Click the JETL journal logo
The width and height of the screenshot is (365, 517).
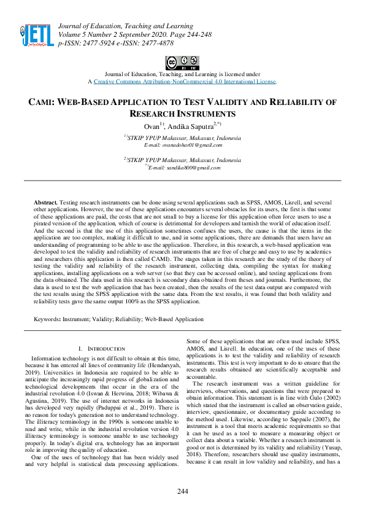[36, 34]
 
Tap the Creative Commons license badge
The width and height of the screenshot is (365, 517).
[182, 63]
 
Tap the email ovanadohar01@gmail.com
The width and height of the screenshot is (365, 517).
[183, 145]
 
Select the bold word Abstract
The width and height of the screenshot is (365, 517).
[45, 202]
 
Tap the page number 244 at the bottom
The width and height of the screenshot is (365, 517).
[182, 491]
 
